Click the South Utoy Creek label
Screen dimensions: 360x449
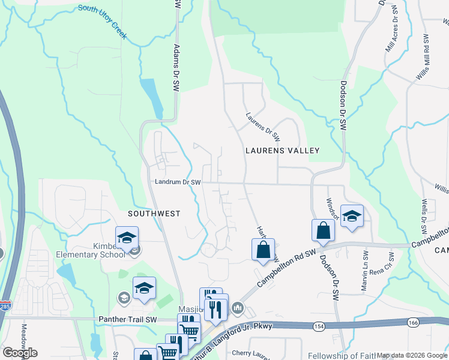[x=102, y=21]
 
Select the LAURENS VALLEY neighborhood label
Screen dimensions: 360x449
[x=282, y=151]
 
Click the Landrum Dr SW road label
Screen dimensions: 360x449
[x=177, y=182]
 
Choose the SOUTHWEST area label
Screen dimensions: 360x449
[x=154, y=213]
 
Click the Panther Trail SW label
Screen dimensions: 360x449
[x=127, y=319]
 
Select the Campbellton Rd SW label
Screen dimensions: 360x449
[x=287, y=268]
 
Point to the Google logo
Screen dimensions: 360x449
[x=20, y=352]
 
